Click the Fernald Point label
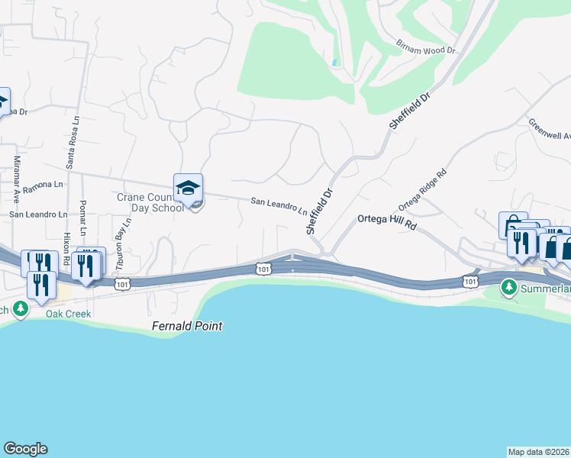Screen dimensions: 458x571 coord(186,326)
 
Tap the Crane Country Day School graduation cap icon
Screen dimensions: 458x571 coord(188,188)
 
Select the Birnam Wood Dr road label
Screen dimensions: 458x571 coord(425,47)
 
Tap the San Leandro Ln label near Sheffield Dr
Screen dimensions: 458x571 coord(279,207)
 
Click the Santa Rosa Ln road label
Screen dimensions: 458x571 coord(74,143)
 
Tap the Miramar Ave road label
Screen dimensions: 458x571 coord(17,179)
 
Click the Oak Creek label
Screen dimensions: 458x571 coord(68,314)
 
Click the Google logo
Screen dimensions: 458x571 coord(25,449)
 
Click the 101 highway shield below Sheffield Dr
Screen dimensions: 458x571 coord(263,269)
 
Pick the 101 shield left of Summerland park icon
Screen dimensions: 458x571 coord(471,282)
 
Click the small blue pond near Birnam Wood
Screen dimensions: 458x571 coord(334,62)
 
